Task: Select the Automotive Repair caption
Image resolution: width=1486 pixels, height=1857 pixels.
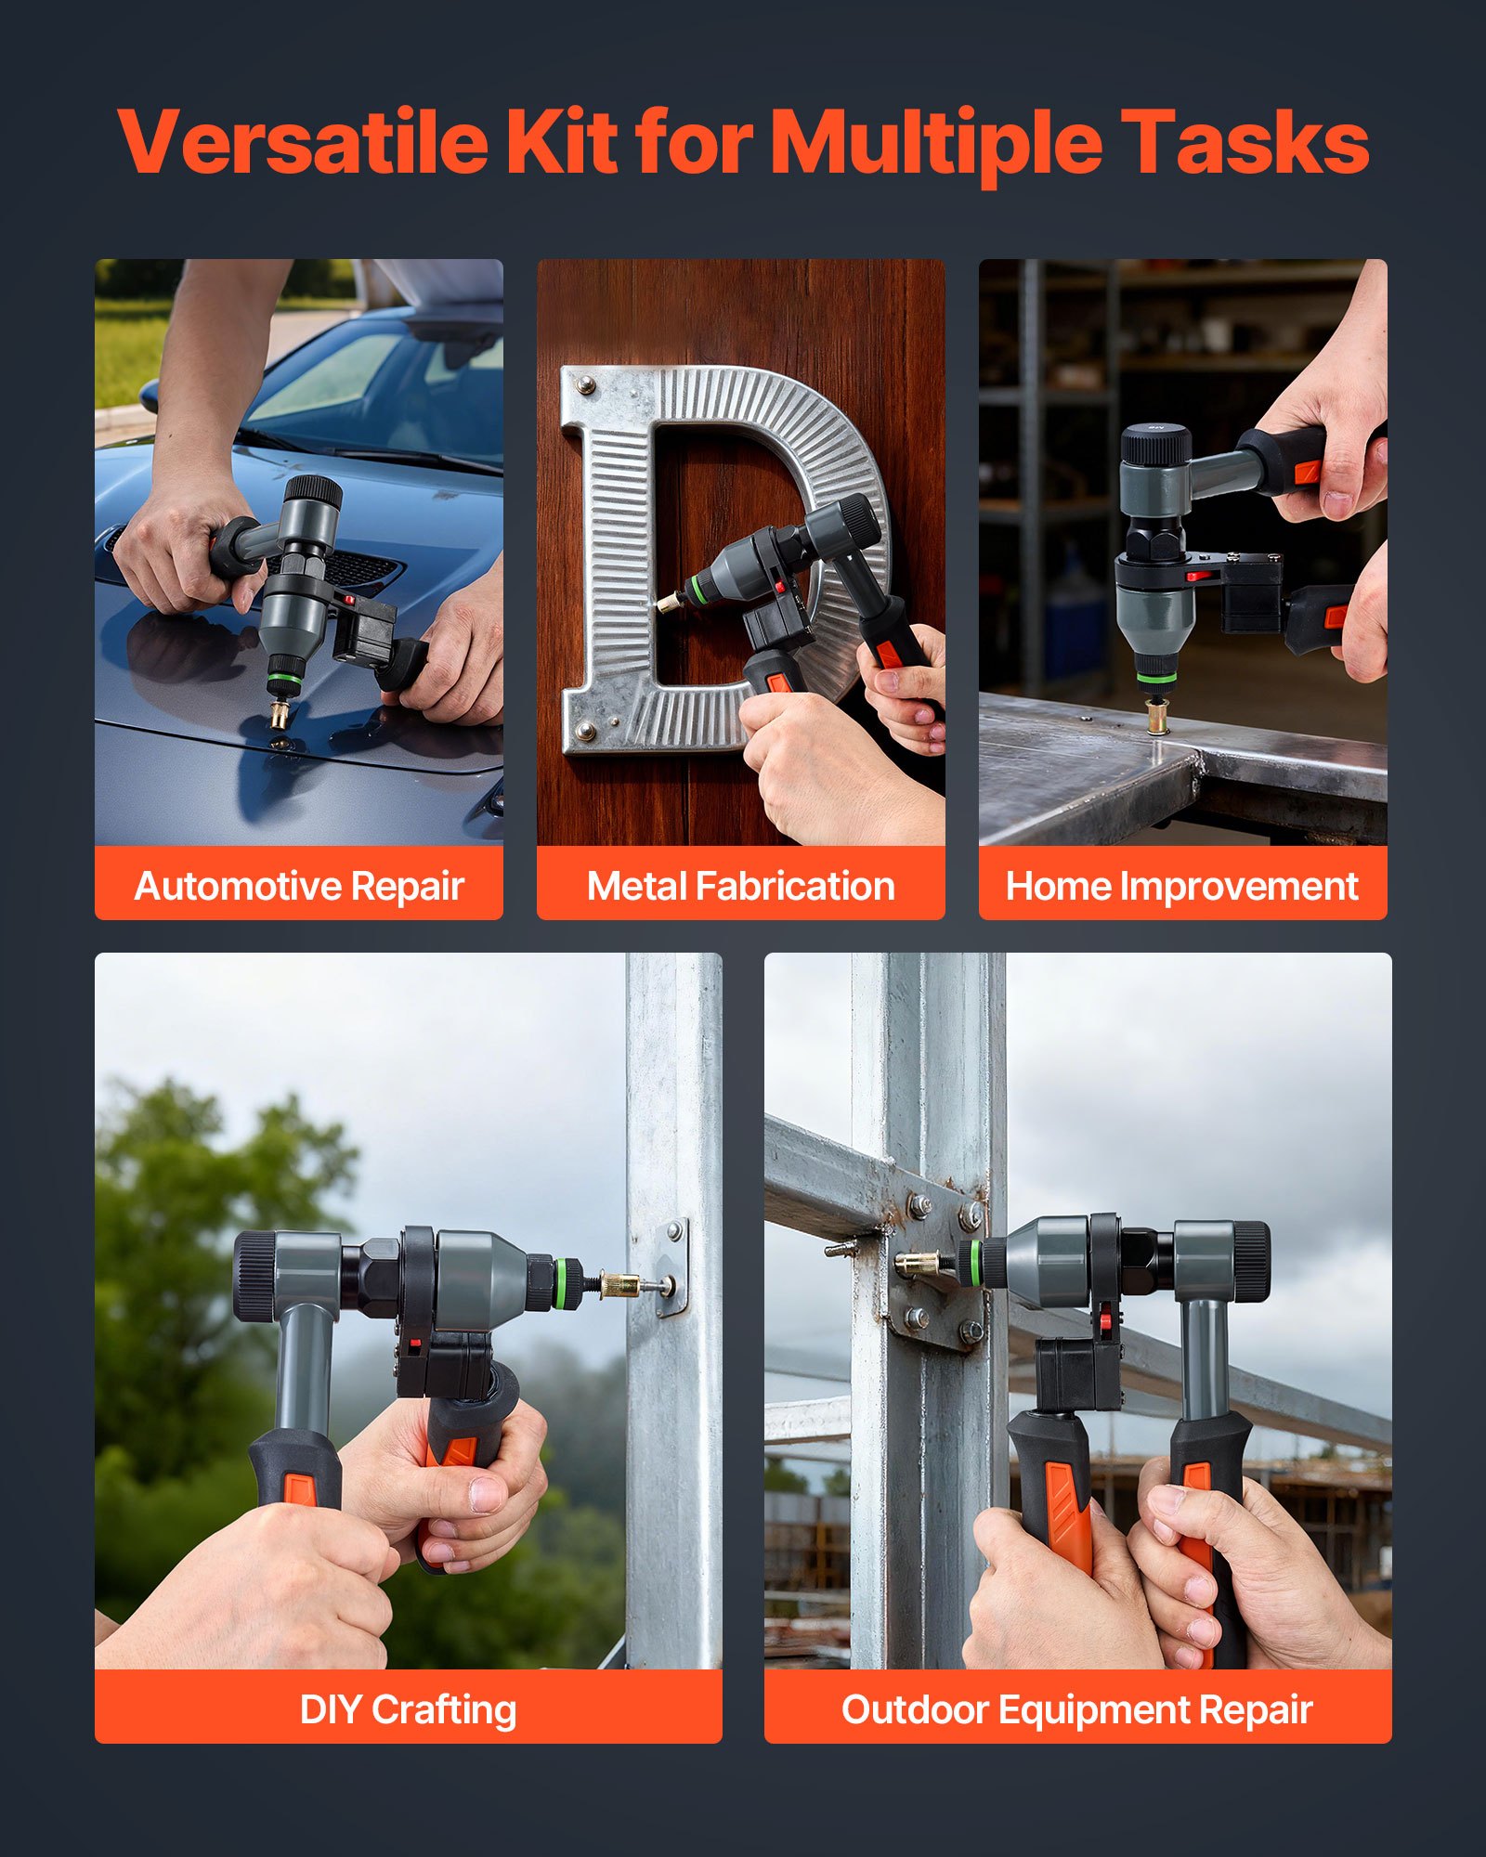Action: click(x=299, y=886)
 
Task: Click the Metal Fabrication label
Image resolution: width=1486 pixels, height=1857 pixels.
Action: click(x=740, y=886)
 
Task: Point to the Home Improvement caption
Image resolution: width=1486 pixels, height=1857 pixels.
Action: click(x=1181, y=886)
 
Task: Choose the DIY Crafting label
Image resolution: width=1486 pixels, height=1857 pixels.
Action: click(x=408, y=1709)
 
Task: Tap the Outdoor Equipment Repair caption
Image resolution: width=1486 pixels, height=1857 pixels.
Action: click(x=1076, y=1709)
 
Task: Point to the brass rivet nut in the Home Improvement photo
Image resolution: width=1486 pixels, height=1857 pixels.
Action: click(x=1157, y=716)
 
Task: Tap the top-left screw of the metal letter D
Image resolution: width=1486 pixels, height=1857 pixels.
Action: click(x=585, y=383)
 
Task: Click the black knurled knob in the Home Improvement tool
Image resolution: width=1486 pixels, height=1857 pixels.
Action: click(x=1155, y=445)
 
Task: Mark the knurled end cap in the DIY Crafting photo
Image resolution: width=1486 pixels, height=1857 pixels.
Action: click(x=253, y=1276)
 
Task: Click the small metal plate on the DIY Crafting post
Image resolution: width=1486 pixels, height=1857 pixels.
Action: click(x=672, y=1267)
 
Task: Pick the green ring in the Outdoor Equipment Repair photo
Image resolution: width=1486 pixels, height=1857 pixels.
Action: click(x=973, y=1263)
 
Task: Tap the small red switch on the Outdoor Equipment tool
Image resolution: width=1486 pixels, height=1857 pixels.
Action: click(x=1105, y=1316)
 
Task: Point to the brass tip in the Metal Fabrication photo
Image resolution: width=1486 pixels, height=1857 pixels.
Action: click(x=668, y=603)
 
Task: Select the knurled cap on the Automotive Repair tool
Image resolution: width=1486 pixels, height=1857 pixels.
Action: click(x=313, y=492)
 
